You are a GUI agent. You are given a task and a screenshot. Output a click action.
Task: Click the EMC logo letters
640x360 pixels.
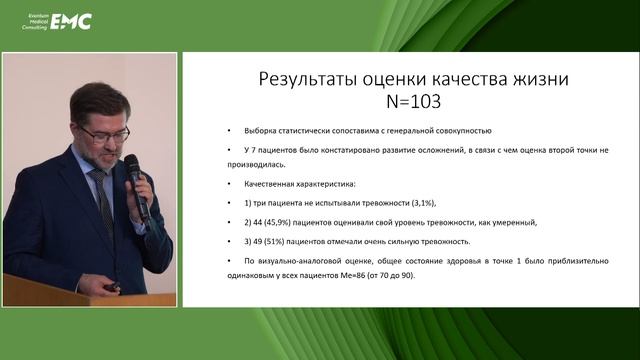(71, 19)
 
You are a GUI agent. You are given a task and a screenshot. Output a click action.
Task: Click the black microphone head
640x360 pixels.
(132, 166)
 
